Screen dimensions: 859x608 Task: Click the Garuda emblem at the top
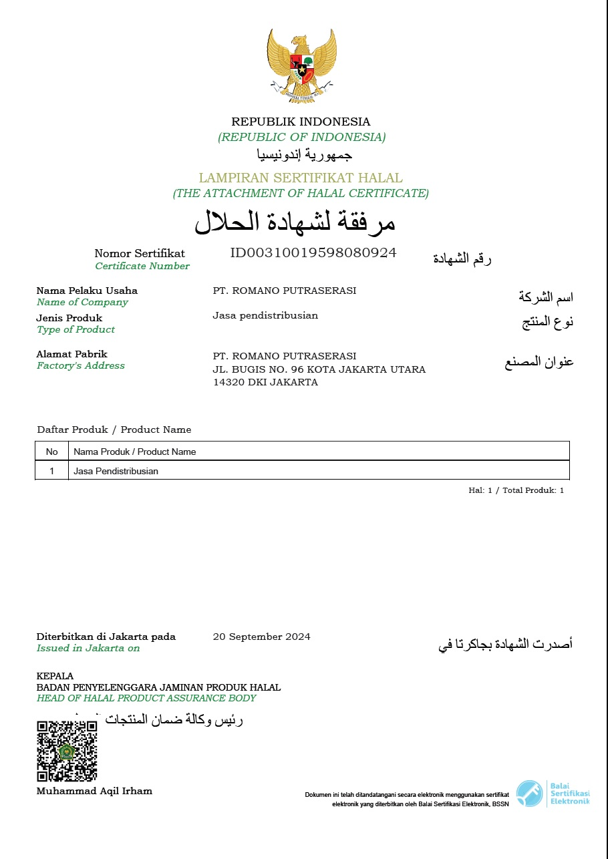301,65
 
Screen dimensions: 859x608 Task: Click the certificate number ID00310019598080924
313,252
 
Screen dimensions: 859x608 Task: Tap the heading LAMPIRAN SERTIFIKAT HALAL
301,178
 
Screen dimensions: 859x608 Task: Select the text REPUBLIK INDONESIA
301,122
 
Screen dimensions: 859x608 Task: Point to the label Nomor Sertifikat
140,254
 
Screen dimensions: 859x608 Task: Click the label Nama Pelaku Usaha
87,291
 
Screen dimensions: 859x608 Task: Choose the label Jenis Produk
69,318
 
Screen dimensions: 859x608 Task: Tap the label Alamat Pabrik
71,354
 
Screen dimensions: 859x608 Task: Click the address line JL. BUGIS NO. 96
319,369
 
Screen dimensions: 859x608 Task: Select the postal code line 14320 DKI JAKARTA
265,383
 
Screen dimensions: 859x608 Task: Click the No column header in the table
52,452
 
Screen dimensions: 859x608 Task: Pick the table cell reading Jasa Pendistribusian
116,471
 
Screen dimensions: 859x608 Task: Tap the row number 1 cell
52,471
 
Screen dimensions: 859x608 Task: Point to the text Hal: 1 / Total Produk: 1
516,490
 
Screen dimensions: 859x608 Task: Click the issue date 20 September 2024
261,637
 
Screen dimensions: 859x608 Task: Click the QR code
67,751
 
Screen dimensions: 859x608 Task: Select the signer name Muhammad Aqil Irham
94,792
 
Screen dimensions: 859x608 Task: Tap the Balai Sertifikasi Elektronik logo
553,794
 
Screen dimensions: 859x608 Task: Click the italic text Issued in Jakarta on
88,648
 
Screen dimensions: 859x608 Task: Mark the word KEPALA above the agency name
55,676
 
